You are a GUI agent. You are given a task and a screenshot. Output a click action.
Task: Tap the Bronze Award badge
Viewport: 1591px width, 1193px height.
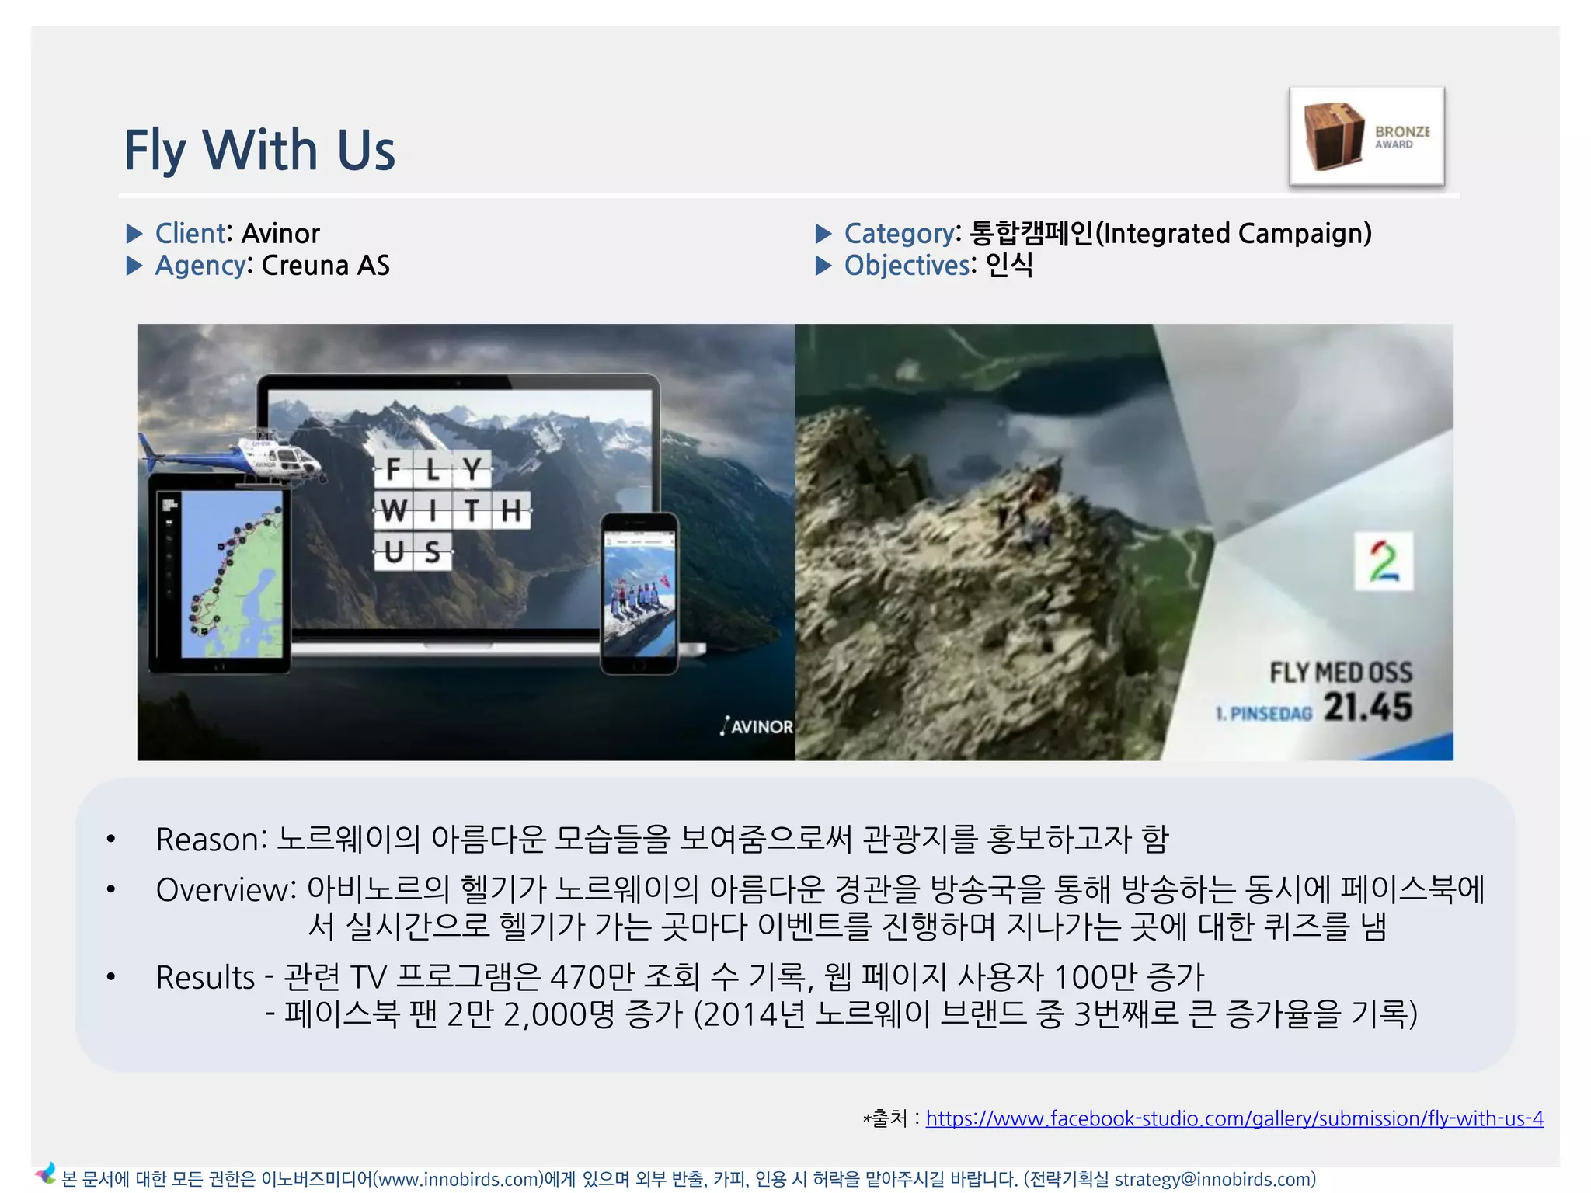tap(1366, 136)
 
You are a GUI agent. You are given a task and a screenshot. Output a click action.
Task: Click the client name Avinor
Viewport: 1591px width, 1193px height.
tap(280, 233)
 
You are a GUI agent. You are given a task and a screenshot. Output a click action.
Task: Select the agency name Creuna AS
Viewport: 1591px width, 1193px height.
tap(326, 266)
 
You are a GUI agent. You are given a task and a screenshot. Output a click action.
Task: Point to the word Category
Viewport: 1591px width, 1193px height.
tap(899, 233)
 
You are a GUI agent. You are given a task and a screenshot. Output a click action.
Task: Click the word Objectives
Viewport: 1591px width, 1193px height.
tap(907, 266)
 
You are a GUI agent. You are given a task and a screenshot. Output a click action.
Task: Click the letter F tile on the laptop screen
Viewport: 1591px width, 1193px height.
tap(393, 469)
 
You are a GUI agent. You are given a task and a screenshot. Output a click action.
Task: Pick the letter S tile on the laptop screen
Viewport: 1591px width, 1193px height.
tap(433, 551)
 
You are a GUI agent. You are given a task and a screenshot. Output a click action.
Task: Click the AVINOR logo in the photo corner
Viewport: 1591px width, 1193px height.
tap(757, 726)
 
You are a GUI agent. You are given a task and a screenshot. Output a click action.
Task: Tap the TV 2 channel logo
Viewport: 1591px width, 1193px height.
tap(1383, 561)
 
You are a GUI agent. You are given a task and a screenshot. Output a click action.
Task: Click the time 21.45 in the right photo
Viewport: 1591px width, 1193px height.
tap(1367, 707)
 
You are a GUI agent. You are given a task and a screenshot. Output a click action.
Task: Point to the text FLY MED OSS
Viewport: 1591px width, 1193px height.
tap(1341, 672)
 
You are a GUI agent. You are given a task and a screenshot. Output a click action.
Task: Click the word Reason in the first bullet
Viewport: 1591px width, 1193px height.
tap(207, 840)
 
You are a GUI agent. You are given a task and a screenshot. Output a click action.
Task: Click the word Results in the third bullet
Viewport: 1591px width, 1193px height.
tap(205, 977)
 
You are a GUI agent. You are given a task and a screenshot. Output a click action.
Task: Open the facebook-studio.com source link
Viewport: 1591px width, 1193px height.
tap(1234, 1118)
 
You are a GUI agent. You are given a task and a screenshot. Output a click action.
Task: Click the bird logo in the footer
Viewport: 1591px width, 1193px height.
tap(45, 1174)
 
